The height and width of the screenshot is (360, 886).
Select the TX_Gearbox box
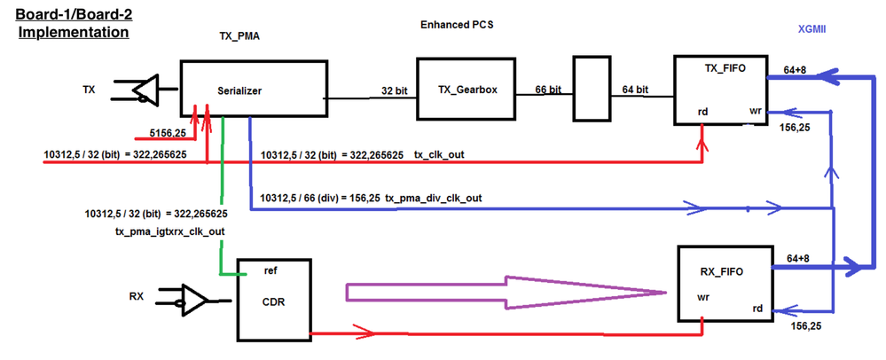point(459,90)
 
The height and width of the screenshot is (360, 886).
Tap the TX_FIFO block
point(718,90)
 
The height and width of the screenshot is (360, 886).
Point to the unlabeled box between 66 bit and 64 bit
point(592,89)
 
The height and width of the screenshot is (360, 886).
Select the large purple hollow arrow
point(506,293)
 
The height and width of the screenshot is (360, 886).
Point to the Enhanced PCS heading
point(456,25)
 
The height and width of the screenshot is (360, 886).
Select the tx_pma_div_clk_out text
point(434,198)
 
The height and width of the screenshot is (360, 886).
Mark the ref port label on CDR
point(273,270)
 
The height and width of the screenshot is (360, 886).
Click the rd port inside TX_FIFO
point(702,112)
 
